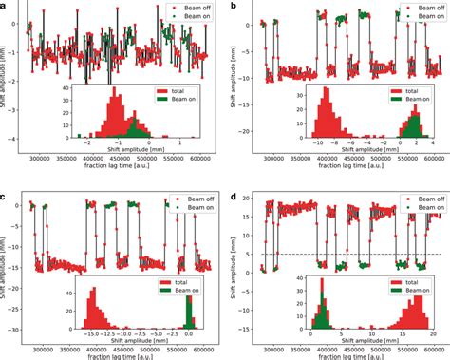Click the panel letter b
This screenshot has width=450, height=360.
click(234, 7)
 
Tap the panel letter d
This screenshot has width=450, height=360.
click(234, 196)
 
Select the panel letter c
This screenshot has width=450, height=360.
click(5, 196)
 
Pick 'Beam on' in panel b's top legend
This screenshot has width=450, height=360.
click(422, 18)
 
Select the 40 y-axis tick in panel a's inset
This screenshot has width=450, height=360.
click(65, 87)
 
